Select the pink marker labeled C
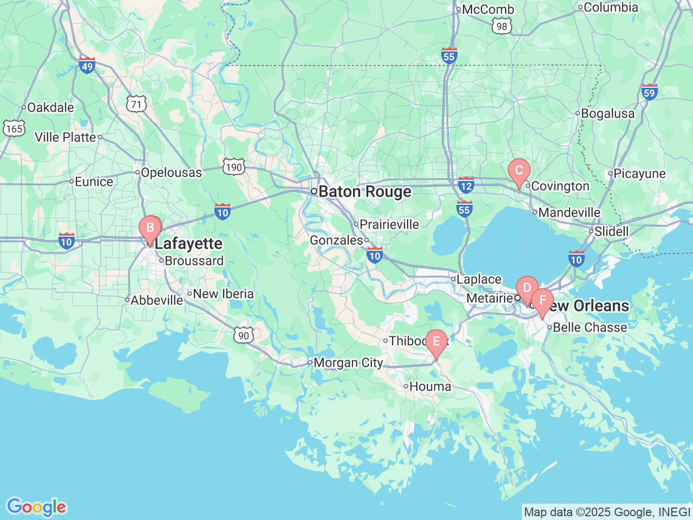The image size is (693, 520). pos(519,171)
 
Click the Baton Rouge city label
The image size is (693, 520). pos(365,192)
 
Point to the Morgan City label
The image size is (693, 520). pos(348,362)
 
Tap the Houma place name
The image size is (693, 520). pos(430,386)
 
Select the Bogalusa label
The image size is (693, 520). pos(607,114)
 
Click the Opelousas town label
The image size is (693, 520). pos(171,173)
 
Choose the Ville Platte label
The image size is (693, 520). pos(66,137)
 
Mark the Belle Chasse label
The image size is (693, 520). pos(590,327)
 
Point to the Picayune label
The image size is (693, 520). pos(639,174)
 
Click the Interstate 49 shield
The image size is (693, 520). pos(87,65)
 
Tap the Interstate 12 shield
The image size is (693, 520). pos(466,185)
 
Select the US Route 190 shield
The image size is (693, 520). pos(234,167)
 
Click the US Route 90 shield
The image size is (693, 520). pos(244,335)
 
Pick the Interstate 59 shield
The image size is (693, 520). pos(649,92)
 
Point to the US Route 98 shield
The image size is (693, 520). pos(502,25)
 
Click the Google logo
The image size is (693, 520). pos(36,507)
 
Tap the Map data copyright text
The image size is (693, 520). pos(607,512)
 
